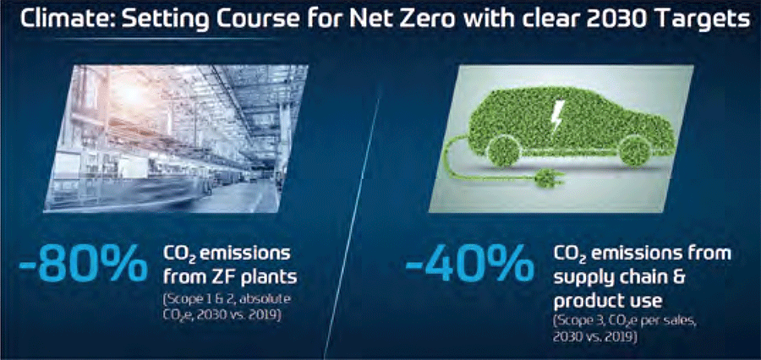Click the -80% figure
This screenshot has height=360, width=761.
coord(83,265)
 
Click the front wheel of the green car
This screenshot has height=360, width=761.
coord(635,150)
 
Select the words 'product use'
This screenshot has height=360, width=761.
coord(608,302)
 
